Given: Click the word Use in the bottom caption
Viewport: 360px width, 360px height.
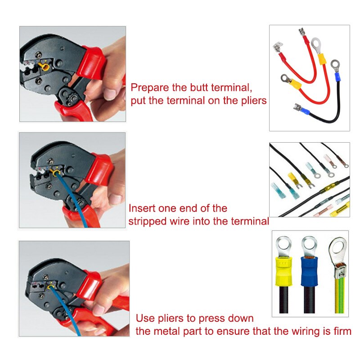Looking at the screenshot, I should (x=145, y=319).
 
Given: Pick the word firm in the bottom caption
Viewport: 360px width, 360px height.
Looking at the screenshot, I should (x=341, y=332).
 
